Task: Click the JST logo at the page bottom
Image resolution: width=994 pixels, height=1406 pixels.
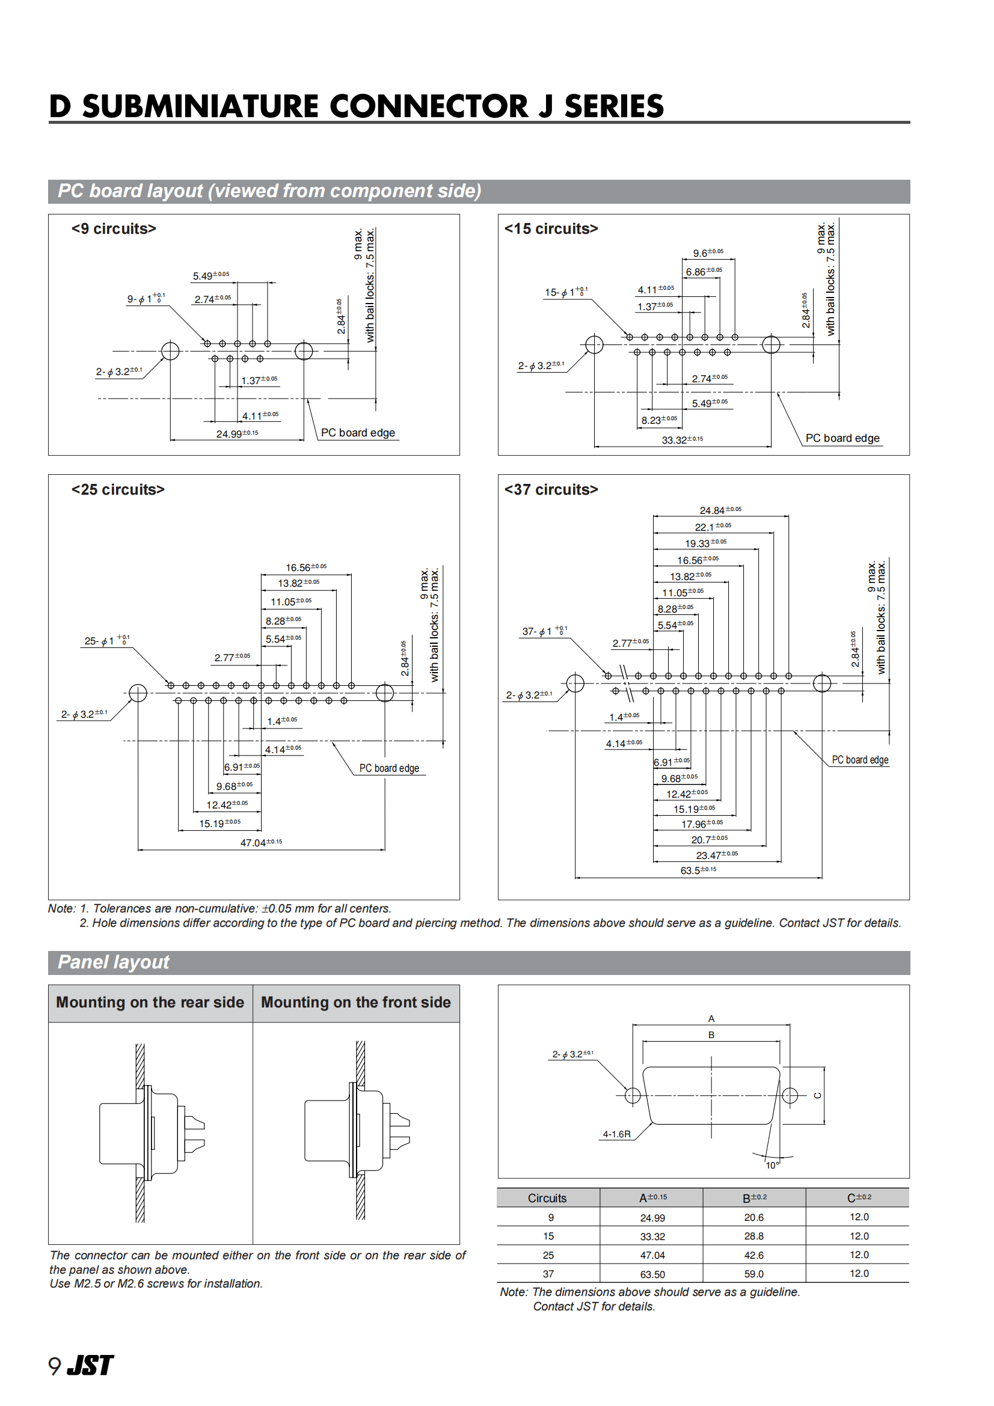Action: tap(90, 1365)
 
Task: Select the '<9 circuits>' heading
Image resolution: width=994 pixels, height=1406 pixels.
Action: tap(114, 229)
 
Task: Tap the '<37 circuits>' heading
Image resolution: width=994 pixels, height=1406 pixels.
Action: tap(551, 490)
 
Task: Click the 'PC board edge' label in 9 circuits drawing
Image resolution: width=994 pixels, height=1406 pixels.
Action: tap(358, 433)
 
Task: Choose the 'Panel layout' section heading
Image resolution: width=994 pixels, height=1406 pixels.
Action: tap(113, 962)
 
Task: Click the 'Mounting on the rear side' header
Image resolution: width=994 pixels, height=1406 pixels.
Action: tap(150, 1003)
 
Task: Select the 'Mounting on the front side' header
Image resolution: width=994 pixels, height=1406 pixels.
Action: tap(356, 1003)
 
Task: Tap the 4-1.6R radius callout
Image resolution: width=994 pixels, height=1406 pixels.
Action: tap(616, 1134)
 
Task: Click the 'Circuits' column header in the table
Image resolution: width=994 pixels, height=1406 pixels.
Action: tap(547, 1199)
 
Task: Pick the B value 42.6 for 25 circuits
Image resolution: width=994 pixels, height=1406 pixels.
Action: tap(754, 1255)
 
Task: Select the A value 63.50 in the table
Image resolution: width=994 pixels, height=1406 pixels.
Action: tap(652, 1274)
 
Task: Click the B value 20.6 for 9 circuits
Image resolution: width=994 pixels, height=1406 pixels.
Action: tap(754, 1217)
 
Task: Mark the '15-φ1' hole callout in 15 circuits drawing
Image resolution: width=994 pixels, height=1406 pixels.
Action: tap(566, 293)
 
